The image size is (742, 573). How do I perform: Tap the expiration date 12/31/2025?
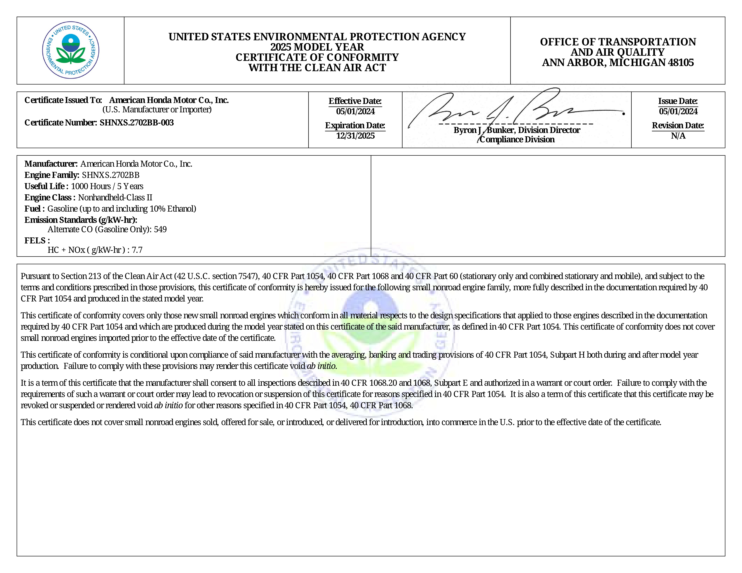(x=355, y=136)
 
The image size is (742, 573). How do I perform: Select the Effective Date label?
(x=355, y=101)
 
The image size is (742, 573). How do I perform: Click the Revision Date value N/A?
(x=678, y=136)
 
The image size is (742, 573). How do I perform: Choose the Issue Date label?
(x=678, y=101)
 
